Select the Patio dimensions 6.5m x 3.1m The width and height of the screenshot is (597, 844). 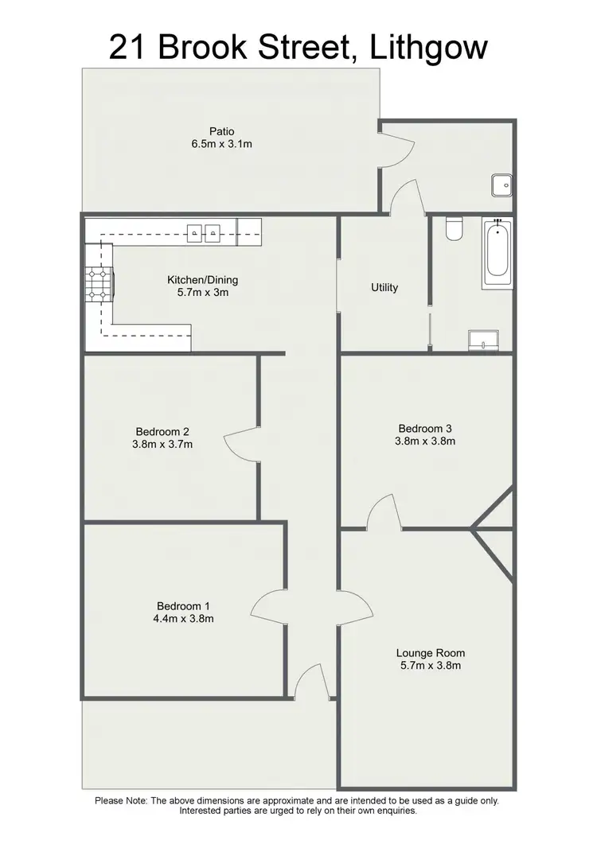click(222, 144)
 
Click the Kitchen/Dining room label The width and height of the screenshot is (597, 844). click(202, 280)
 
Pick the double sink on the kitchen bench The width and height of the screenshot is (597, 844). click(204, 232)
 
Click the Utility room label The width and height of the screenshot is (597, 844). click(384, 287)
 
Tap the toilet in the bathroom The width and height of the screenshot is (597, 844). click(455, 229)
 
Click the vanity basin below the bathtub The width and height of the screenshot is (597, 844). click(483, 340)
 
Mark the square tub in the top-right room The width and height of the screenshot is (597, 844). click(502, 185)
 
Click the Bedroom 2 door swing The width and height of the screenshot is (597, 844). click(242, 445)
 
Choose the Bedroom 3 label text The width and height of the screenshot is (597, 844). click(425, 428)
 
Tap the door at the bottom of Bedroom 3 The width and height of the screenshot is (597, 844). click(383, 512)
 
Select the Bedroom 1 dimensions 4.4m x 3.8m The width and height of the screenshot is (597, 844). click(185, 618)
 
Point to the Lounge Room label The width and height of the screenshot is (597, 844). click(431, 653)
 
